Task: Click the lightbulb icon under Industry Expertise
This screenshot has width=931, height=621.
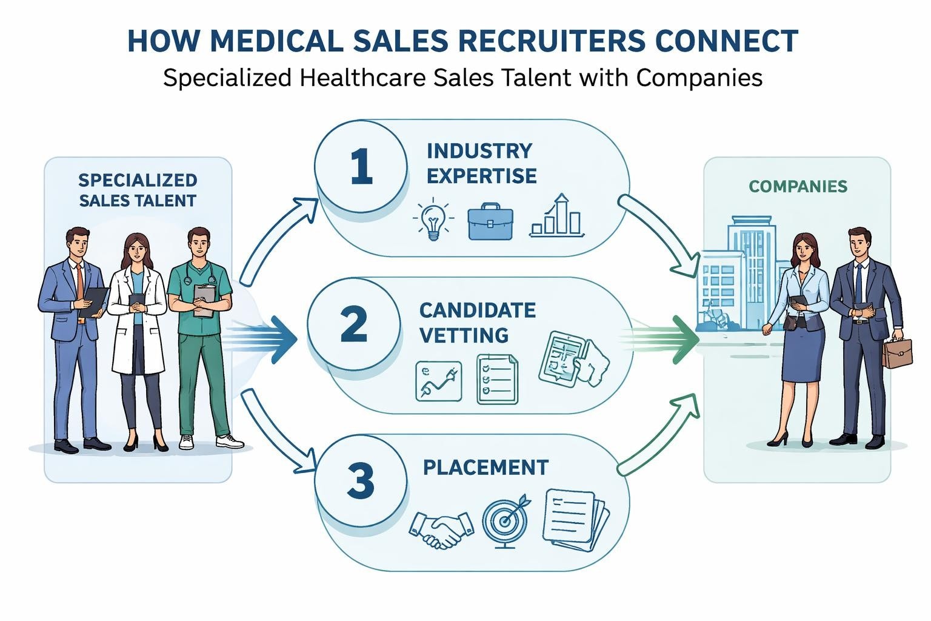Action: tap(433, 220)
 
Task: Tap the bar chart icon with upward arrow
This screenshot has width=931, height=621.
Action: tap(556, 216)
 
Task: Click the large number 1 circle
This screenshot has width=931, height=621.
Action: tap(361, 167)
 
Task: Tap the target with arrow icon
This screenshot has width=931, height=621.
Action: tap(506, 520)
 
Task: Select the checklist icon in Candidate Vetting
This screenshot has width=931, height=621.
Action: tap(497, 379)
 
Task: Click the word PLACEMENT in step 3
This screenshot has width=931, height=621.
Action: tap(486, 468)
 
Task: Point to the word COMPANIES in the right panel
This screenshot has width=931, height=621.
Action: tap(798, 186)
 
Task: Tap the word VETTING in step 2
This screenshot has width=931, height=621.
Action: tap(464, 335)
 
